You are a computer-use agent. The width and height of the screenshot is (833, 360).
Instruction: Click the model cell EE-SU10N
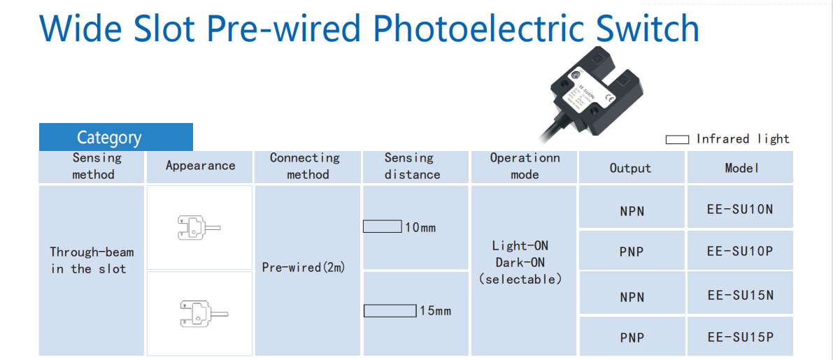740,208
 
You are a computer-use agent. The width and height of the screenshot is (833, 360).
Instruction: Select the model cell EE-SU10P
740,251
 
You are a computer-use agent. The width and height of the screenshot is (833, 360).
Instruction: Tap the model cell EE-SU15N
740,295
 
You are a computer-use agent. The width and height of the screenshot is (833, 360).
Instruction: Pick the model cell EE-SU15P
740,337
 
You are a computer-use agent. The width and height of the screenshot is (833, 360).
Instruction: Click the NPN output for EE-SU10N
632,210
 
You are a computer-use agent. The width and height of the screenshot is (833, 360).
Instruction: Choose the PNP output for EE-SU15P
632,338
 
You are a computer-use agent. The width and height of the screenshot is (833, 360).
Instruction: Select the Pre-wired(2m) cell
304,267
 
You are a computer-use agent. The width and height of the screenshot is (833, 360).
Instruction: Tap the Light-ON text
520,245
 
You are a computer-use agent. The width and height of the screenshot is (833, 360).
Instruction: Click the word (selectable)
520,279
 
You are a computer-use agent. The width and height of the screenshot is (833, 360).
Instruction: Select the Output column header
630,168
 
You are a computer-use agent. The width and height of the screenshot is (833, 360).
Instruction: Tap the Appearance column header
200,166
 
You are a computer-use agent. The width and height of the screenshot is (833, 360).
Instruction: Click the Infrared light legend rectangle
676,140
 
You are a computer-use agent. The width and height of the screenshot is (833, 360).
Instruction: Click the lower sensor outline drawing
200,314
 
